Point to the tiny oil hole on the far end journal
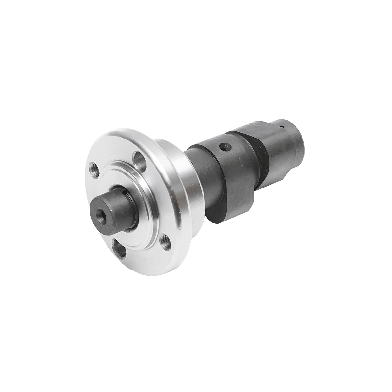point(282,125)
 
